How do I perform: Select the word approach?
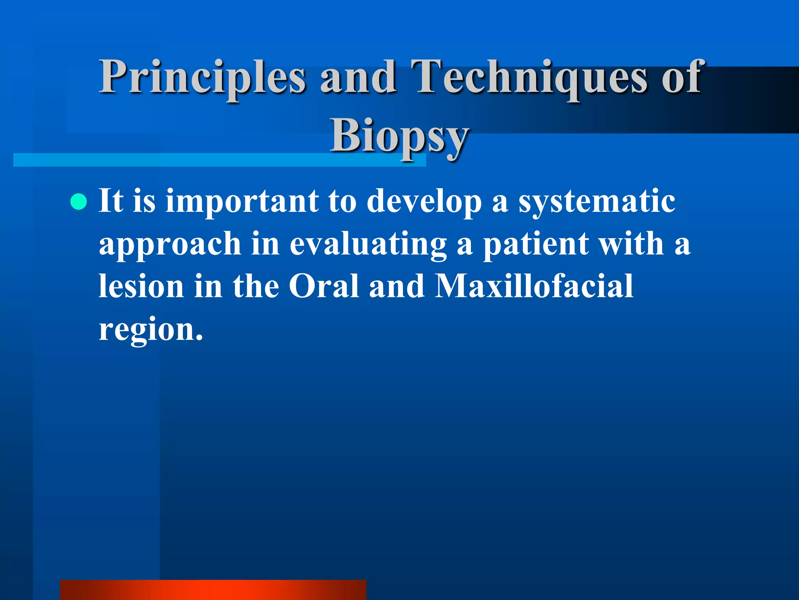tap(170, 244)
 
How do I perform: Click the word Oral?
tap(323, 286)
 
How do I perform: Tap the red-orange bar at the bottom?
tap(213, 589)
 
